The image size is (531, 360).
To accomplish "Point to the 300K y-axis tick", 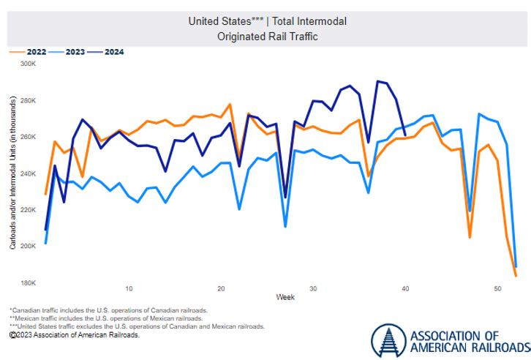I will coord(28,64).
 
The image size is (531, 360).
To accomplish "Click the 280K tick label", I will coord(28,100).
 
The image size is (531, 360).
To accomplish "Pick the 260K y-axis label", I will coord(28,137).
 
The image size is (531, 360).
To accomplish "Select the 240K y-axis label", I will coord(28,173).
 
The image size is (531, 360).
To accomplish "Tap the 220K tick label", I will coord(28,210).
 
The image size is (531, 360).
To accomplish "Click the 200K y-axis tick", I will coord(28,247).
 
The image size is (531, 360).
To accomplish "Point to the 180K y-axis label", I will coord(28,283).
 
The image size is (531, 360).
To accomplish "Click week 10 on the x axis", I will coord(129,288).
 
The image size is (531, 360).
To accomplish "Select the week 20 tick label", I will coord(221,288).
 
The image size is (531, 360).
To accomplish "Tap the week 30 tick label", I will coord(313,288).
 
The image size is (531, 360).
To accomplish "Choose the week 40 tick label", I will coord(405,288).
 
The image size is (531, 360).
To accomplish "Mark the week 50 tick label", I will coord(497,288).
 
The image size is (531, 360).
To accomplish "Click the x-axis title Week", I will coord(285,297).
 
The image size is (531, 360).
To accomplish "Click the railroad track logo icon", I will coord(387,340).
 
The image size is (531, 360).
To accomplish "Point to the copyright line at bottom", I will coord(74,334).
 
